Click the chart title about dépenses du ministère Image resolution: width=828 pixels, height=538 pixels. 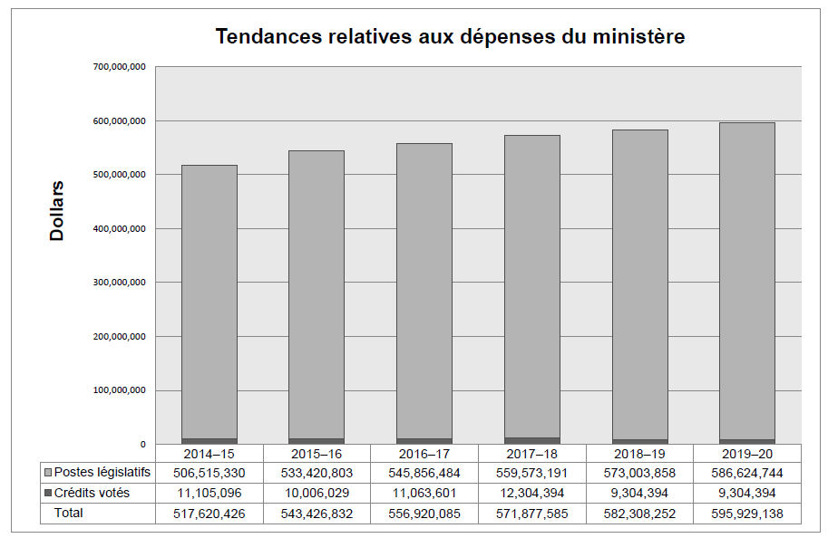point(450,37)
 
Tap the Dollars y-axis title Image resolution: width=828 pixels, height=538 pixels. point(57,210)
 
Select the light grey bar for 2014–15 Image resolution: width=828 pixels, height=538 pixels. point(209,299)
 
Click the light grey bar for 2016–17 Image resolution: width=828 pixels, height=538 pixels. point(424,290)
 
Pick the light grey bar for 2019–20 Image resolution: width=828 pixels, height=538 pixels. point(747,281)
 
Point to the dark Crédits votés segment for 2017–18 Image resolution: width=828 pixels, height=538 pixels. point(532,440)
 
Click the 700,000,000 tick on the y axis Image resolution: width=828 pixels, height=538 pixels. point(120,67)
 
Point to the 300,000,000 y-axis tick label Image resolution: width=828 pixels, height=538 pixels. point(120,283)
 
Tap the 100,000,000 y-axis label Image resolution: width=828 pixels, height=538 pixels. point(120,390)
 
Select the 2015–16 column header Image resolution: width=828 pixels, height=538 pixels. point(317,453)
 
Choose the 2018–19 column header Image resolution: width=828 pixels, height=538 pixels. point(640,453)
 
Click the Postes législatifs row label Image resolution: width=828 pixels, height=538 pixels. point(102,473)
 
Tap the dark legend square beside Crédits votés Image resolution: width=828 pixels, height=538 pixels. point(48,494)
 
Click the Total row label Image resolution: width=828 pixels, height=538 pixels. point(69,514)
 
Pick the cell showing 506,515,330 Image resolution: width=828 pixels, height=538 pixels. point(209,473)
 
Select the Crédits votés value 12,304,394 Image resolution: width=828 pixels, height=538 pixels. point(532,494)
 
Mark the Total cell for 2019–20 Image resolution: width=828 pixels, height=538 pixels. point(747,514)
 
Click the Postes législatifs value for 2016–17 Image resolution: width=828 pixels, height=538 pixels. point(424,473)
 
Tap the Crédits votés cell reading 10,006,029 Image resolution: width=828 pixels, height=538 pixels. point(317,494)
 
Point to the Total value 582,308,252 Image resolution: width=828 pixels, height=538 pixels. point(640,514)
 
